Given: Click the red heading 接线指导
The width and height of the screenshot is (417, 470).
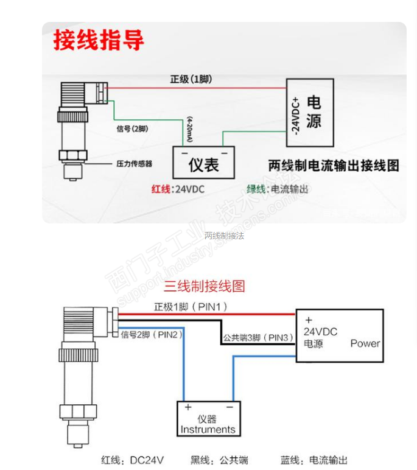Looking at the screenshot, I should point(99,40).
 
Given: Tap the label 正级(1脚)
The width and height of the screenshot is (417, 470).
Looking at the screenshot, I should point(191,80).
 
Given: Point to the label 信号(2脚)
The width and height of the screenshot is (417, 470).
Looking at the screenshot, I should point(131,129).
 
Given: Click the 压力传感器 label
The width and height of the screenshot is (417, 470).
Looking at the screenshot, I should point(134,163).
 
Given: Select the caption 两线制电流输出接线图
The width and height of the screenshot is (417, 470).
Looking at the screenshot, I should point(334,165).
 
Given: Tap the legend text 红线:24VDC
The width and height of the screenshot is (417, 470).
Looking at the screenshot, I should point(178,189).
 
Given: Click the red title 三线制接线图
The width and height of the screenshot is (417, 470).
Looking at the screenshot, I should point(204,286).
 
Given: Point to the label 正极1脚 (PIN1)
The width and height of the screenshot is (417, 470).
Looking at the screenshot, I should point(191,307).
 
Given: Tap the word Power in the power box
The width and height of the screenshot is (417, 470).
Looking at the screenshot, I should point(365,343).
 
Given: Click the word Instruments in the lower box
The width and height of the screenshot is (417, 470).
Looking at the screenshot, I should point(208,429).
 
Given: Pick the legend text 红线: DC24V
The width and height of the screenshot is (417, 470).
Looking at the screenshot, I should point(132,460).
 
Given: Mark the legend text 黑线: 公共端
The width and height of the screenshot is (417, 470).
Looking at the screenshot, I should point(219,460).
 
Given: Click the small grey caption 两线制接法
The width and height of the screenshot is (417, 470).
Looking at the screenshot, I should point(224,236).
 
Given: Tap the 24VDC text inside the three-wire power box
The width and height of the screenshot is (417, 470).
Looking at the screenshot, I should point(320,332).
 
